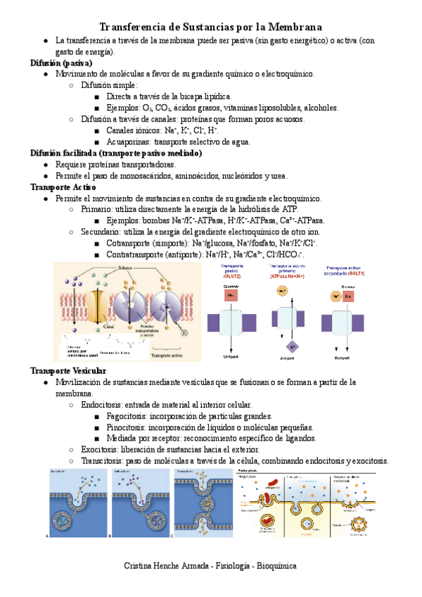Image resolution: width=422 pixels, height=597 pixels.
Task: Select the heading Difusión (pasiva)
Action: coord(61,63)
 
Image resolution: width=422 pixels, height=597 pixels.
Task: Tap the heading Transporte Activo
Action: coord(63,187)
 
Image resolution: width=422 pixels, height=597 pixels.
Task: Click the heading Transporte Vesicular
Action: coord(68,371)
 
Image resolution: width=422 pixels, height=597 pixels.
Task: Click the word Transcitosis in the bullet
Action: coord(104,460)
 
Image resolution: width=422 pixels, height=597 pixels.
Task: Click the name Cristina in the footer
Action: coord(139,566)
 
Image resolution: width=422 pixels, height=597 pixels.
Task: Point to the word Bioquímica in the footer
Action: coord(276,566)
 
